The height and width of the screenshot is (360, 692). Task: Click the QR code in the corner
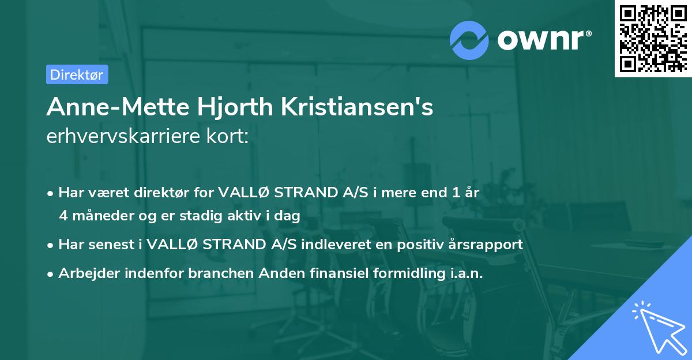[653, 38]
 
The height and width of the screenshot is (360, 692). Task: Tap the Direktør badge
[77, 74]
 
